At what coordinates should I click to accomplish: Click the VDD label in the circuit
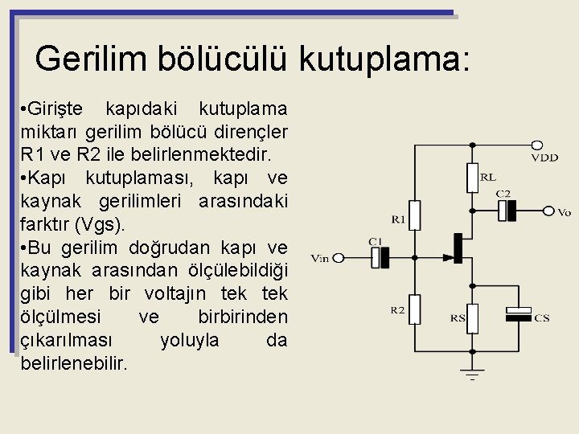pos(544,158)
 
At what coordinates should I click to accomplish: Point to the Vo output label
pos(564,213)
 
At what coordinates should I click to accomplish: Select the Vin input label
pos(319,258)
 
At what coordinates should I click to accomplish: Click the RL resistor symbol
pos(472,178)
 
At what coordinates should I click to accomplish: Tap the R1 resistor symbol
pos(413,214)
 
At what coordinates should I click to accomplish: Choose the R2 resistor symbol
pos(413,309)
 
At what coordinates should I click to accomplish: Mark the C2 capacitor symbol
pos(507,211)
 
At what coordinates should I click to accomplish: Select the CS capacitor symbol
pos(519,315)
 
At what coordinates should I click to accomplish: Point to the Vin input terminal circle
pos(339,258)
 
